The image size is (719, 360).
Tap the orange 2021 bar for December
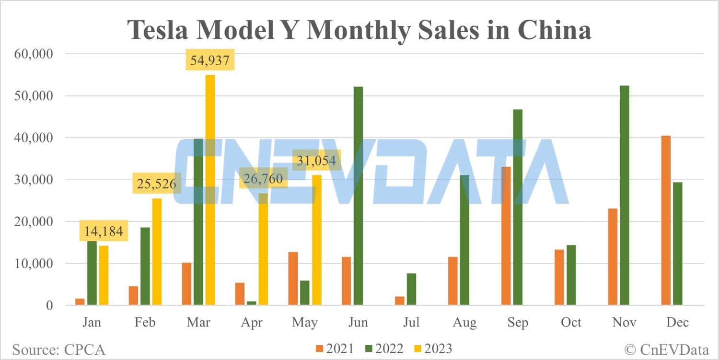coord(666,220)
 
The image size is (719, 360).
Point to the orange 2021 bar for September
coord(506,235)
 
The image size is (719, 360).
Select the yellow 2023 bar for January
coord(104,275)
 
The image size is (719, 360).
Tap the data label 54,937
coord(210,60)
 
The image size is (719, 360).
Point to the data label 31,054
coord(317,161)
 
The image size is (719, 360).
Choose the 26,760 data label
coord(263,179)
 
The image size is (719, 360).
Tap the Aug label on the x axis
coord(464,322)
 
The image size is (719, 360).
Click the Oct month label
coord(571,322)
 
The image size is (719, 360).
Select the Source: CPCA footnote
coord(58,349)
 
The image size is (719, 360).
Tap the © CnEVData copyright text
coord(666,349)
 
